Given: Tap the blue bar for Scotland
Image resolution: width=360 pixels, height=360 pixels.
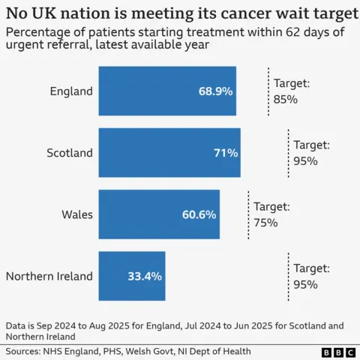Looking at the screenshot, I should tap(150, 152).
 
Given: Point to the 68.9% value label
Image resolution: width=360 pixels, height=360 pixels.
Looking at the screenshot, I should tap(215, 91).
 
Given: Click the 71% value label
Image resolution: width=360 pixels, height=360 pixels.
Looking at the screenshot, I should tap(226, 153).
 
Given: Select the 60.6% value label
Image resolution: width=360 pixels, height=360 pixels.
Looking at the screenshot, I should tap(199, 214).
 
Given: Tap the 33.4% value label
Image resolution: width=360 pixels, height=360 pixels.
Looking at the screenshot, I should tap(144, 276).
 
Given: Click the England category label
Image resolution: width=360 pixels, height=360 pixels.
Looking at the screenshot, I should tap(71, 91).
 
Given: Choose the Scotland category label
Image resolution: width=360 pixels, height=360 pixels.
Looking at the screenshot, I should tap(70, 153).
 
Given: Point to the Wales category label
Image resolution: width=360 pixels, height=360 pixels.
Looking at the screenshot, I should tap(77, 214).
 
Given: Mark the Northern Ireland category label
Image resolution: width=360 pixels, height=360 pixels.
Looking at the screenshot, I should tap(49, 276).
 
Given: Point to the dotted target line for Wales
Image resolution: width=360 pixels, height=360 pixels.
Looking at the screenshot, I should tap(249, 214).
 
